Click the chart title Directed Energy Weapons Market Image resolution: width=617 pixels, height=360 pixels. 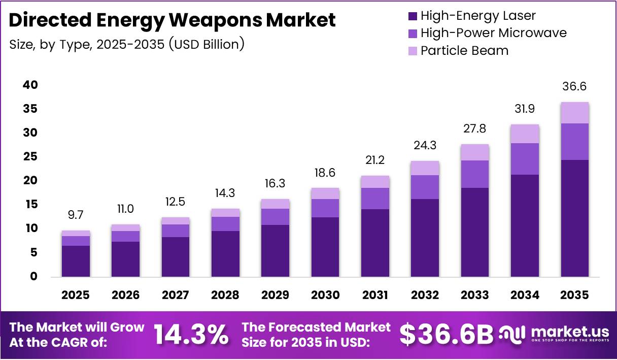pyautogui.click(x=173, y=20)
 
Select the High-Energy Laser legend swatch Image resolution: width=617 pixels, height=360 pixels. pyautogui.click(x=412, y=16)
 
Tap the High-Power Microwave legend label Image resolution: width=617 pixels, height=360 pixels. pyautogui.click(x=493, y=34)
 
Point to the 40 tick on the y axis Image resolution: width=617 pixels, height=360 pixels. pyautogui.click(x=30, y=85)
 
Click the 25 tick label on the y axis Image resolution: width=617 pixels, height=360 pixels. pyautogui.click(x=30, y=157)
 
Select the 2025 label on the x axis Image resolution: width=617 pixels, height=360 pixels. pyautogui.click(x=76, y=295)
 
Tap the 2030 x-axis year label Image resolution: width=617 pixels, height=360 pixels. pyautogui.click(x=325, y=295)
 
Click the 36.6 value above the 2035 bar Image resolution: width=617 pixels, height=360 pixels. pyautogui.click(x=574, y=87)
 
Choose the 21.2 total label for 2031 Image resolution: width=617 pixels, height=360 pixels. pyautogui.click(x=375, y=161)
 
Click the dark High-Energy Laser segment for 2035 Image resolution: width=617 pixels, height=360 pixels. pyautogui.click(x=574, y=218)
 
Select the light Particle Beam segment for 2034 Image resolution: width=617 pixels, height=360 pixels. pyautogui.click(x=525, y=134)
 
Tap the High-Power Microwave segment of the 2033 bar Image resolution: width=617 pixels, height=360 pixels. pyautogui.click(x=475, y=174)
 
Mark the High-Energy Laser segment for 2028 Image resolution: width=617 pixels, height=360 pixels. pyautogui.click(x=225, y=254)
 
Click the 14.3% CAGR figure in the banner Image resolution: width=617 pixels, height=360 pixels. pyautogui.click(x=190, y=335)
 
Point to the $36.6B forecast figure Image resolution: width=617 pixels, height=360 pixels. pyautogui.click(x=446, y=335)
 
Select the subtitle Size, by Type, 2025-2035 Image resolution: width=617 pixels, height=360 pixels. pyautogui.click(x=127, y=44)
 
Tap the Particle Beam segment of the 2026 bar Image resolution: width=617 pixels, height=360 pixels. pyautogui.click(x=125, y=228)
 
